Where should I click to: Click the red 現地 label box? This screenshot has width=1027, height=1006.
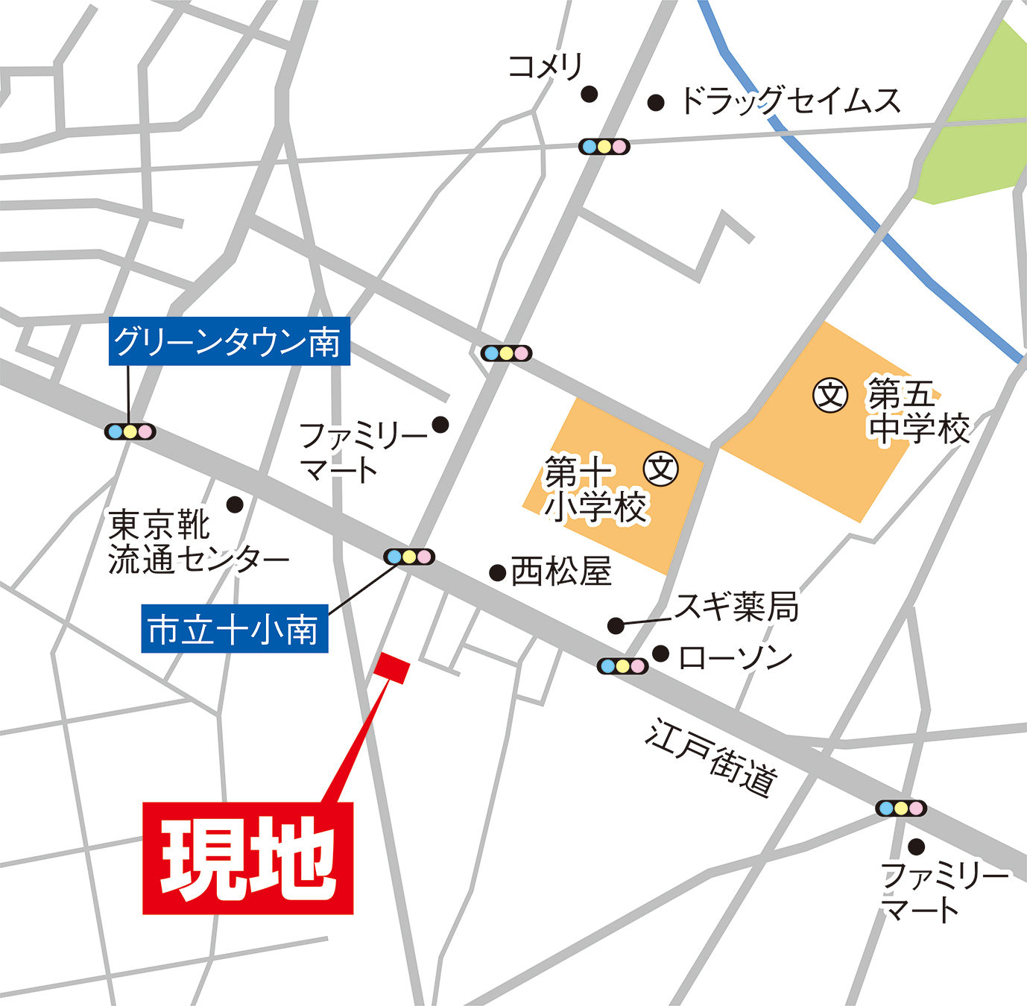pyautogui.click(x=247, y=858)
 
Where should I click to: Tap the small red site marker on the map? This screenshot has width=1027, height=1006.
pyautogui.click(x=392, y=667)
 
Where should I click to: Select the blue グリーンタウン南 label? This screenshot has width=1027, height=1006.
pyautogui.click(x=229, y=342)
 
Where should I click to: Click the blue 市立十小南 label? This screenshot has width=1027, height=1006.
pyautogui.click(x=234, y=630)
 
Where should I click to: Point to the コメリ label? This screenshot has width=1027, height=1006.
pyautogui.click(x=545, y=67)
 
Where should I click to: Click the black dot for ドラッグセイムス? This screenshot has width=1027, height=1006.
pyautogui.click(x=656, y=103)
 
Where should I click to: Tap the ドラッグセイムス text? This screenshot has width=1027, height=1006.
pyautogui.click(x=791, y=101)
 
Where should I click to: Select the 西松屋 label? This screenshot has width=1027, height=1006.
pyautogui.click(x=561, y=572)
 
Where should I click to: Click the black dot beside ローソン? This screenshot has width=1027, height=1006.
pyautogui.click(x=660, y=654)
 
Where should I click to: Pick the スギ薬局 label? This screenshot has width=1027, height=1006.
pyautogui.click(x=736, y=607)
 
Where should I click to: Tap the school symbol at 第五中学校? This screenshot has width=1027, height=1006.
pyautogui.click(x=830, y=395)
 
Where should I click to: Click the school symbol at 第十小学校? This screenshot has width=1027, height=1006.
pyautogui.click(x=661, y=469)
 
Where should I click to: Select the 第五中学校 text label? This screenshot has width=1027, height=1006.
pyautogui.click(x=918, y=411)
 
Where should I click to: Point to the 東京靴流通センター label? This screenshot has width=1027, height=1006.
pyautogui.click(x=197, y=542)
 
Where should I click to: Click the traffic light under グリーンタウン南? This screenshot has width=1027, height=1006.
pyautogui.click(x=130, y=431)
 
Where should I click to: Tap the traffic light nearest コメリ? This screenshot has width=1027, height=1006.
pyautogui.click(x=604, y=147)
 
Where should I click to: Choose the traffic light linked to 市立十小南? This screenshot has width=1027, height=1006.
pyautogui.click(x=409, y=557)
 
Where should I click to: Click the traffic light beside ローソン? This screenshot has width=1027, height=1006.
pyautogui.click(x=622, y=665)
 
